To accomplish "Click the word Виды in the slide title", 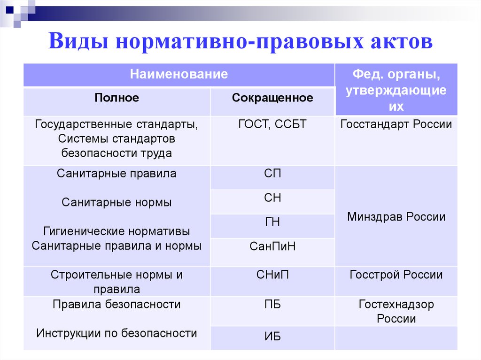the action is tap(78, 41).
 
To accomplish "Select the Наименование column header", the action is tap(179, 74).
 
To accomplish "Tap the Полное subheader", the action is tap(116, 98).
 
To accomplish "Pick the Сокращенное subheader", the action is tap(272, 98).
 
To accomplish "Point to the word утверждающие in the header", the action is tap(396, 91).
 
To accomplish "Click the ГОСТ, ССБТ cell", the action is tap(272, 124).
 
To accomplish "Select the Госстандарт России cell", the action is tap(396, 124).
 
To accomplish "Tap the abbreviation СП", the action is tap(272, 174).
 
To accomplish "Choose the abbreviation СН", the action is tap(272, 198).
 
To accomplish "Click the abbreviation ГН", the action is tap(272, 222).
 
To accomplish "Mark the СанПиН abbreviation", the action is tap(272, 246).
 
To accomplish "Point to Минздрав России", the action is tap(396, 217).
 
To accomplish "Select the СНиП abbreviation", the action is tap(272, 275).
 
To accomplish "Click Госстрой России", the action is tap(396, 275).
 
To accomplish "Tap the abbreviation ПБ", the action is tap(272, 305).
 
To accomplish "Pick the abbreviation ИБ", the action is tap(272, 337).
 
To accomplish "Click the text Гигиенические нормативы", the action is tap(116, 231).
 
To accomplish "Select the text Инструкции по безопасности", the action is tap(116, 333).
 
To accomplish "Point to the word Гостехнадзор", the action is tap(396, 305).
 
